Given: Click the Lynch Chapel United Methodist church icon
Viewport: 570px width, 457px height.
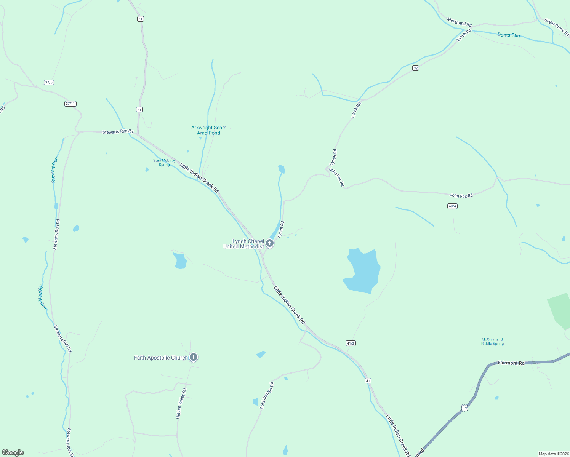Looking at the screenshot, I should [270, 243].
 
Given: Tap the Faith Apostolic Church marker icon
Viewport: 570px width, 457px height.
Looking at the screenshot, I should [194, 357].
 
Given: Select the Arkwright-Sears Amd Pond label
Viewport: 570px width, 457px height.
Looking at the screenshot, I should [209, 130].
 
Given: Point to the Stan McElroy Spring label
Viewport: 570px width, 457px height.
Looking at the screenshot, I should [164, 163].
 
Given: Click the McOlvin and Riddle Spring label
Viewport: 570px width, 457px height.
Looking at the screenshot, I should [492, 341].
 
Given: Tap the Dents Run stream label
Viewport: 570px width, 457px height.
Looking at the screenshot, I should [509, 35].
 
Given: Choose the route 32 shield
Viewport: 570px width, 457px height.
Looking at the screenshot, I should [416, 68].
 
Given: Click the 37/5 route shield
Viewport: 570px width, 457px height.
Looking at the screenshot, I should [49, 82].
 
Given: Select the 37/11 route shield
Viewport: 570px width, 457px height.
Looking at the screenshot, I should [70, 104].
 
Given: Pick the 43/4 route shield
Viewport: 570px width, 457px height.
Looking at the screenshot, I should [452, 206].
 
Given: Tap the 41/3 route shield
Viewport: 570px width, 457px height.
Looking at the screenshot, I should [351, 343].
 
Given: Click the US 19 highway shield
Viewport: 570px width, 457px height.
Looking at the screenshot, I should [464, 408].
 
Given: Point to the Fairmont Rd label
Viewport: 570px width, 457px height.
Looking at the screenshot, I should [511, 363].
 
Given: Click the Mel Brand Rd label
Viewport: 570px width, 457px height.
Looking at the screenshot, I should [459, 22].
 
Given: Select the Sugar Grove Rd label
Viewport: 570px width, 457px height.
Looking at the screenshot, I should [557, 27].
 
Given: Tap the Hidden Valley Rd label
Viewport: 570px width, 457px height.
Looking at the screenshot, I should [181, 404].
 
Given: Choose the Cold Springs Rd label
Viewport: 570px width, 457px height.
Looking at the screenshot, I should [267, 396].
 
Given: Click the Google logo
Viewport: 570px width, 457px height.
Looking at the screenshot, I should [13, 452].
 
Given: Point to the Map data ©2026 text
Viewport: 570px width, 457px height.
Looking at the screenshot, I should [553, 454].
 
